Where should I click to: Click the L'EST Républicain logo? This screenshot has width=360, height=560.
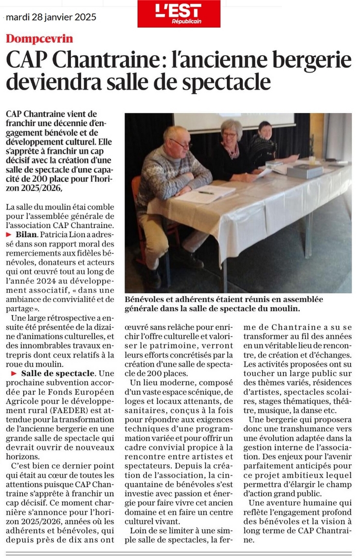178,14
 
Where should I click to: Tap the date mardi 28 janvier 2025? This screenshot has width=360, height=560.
51,17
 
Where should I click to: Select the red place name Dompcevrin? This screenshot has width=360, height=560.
40,39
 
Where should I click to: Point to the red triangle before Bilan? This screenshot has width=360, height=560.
9,234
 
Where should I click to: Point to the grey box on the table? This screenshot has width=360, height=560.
304,171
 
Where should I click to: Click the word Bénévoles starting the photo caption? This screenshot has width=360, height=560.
147,299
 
